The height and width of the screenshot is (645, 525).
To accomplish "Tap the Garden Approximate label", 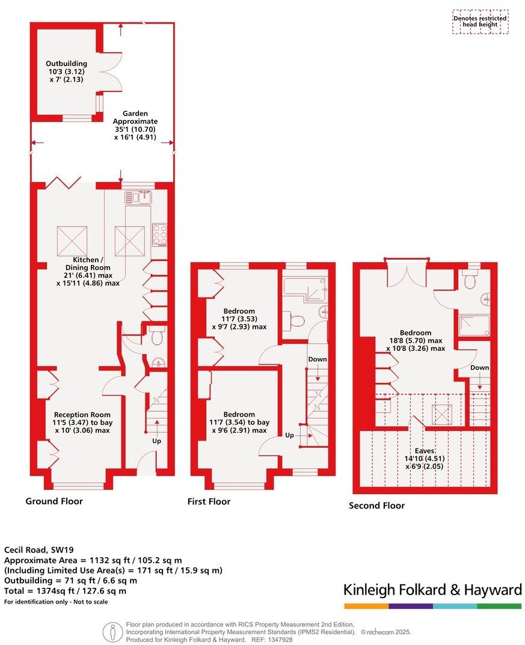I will [135, 125].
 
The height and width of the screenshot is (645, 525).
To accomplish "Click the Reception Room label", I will [82, 422].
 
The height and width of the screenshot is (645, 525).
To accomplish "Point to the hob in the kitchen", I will [159, 234].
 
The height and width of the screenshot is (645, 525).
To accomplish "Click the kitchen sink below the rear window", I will [139, 197].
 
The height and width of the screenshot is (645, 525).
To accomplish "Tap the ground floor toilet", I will [157, 337].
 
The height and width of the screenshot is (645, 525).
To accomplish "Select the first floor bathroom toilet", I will [294, 322].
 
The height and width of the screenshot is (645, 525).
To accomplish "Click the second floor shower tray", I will [473, 325].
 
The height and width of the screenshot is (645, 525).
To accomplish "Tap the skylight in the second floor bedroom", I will [442, 414].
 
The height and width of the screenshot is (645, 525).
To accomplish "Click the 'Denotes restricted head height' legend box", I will [480, 22].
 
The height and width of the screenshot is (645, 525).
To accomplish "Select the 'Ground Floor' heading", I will [54, 501].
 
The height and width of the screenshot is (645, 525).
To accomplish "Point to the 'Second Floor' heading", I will [376, 506].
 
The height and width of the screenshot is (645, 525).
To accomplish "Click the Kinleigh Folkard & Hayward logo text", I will [432, 590].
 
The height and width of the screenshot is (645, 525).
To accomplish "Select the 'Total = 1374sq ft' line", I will [66, 591].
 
